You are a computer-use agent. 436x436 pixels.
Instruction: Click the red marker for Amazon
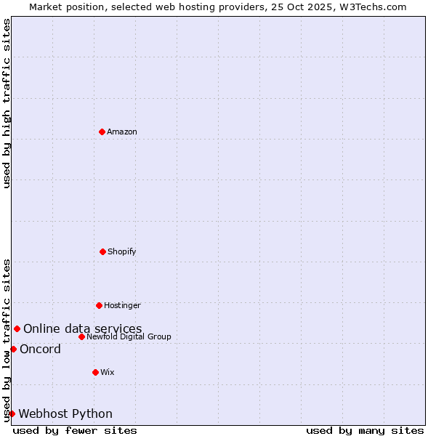pyautogui.click(x=102, y=132)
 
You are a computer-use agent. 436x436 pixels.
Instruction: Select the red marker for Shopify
pyautogui.click(x=102, y=251)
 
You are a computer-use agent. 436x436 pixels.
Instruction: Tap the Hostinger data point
pyautogui.click(x=99, y=305)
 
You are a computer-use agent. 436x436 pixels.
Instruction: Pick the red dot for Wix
pyautogui.click(x=95, y=372)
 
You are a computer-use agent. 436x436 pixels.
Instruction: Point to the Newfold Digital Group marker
pyautogui.click(x=81, y=336)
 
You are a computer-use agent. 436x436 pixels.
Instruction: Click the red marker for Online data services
pyautogui.click(x=17, y=328)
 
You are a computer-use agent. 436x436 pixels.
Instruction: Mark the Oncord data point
pyautogui.click(x=13, y=349)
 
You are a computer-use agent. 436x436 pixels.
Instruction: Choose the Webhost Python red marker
pyautogui.click(x=12, y=413)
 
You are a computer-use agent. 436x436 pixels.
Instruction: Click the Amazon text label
pyautogui.click(x=122, y=132)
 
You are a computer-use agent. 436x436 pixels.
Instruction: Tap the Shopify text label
pyautogui.click(x=122, y=251)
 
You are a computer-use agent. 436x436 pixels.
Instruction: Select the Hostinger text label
pyautogui.click(x=122, y=305)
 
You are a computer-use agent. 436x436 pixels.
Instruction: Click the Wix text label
pyautogui.click(x=108, y=372)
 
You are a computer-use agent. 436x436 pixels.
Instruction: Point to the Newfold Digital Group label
pyautogui.click(x=129, y=336)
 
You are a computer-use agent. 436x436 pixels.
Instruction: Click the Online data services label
pyautogui.click(x=82, y=328)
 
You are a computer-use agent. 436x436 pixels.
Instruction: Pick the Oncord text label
pyautogui.click(x=40, y=349)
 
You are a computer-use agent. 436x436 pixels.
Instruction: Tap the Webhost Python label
pyautogui.click(x=65, y=413)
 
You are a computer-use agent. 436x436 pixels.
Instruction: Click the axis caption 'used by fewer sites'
pyautogui.click(x=75, y=430)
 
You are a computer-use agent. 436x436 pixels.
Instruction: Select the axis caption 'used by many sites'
pyautogui.click(x=365, y=430)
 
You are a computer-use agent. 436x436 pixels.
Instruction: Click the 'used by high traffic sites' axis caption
pyautogui.click(x=7, y=103)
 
